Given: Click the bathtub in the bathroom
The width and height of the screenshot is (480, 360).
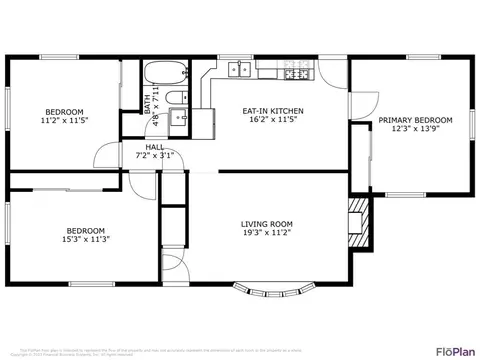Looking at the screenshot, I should pyautogui.click(x=161, y=74).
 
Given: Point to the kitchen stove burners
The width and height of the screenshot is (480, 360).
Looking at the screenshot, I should pyautogui.click(x=295, y=73).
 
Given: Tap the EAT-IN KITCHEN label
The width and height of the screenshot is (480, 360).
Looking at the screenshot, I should pyautogui.click(x=273, y=111).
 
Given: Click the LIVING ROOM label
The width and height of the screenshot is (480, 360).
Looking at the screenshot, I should pyautogui.click(x=266, y=223).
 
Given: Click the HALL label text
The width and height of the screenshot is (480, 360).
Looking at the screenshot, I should pyautogui.click(x=155, y=147).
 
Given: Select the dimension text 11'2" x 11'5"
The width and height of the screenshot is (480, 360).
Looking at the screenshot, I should pyautogui.click(x=64, y=121).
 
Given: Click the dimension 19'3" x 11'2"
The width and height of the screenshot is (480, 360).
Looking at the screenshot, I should pyautogui.click(x=266, y=233).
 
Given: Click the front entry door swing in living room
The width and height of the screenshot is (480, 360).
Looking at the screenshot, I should pyautogui.click(x=172, y=262).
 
